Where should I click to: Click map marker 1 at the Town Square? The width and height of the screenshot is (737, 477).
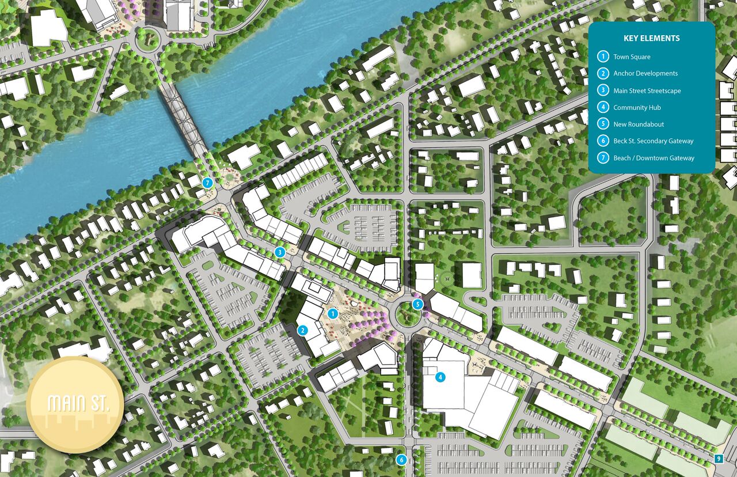[332, 313]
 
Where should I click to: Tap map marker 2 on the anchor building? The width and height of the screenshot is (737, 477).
[302, 331]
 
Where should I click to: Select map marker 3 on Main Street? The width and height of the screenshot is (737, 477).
[280, 252]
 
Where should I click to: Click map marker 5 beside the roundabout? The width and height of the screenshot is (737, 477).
[418, 304]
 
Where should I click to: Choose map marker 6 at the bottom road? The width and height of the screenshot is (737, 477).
[401, 460]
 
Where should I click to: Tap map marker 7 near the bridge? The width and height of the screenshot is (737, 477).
[208, 183]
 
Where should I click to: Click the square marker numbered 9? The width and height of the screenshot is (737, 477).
[718, 459]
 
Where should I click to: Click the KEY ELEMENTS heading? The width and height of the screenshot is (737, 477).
[652, 39]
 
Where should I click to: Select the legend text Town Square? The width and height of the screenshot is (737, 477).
[632, 57]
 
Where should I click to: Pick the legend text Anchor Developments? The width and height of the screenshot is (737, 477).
[645, 74]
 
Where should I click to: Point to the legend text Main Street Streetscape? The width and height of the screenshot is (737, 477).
[647, 90]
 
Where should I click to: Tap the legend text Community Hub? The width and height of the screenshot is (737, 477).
[637, 108]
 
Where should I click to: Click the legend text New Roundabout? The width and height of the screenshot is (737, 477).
[639, 124]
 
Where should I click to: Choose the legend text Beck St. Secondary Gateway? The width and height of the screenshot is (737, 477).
[653, 141]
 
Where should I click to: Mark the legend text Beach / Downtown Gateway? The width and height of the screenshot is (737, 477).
[654, 158]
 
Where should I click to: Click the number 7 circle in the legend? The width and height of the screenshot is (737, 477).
[603, 158]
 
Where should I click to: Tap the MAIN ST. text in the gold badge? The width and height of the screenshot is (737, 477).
[75, 404]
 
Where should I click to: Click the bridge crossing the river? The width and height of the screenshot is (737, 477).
[184, 118]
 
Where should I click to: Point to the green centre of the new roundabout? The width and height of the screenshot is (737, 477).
[407, 315]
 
